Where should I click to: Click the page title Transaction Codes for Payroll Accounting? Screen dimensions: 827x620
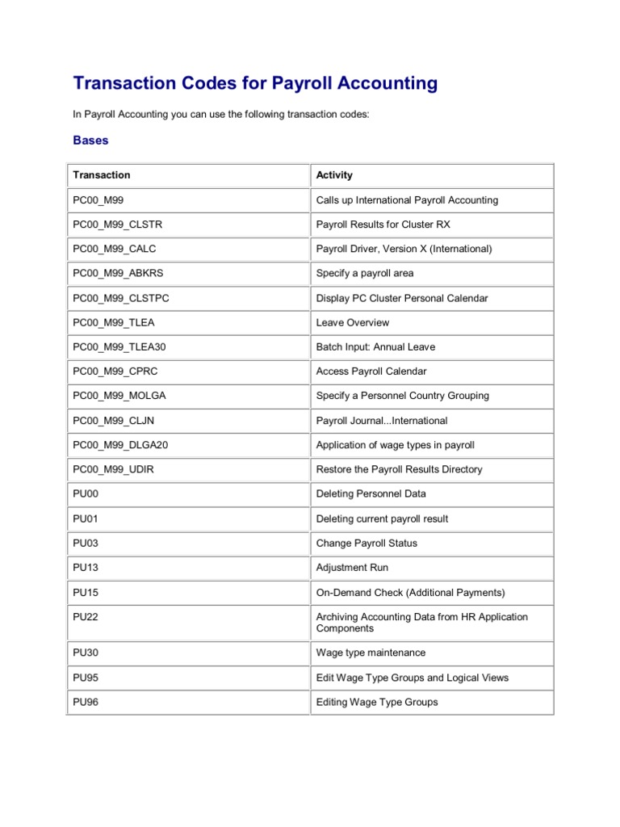[x=255, y=83]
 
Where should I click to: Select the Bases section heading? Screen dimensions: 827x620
[x=90, y=141]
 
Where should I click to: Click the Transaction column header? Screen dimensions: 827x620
[x=102, y=175]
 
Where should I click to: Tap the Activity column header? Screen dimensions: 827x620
[x=334, y=175]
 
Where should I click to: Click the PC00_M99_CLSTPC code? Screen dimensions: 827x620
[x=121, y=298]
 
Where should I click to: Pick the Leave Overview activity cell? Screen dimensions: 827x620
[x=353, y=322]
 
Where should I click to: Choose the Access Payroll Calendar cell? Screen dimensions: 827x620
[x=371, y=372]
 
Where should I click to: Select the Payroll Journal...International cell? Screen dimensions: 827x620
[x=382, y=421]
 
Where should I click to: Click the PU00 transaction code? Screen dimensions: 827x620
[x=86, y=493]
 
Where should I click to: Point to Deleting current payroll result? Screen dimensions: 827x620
[x=382, y=518]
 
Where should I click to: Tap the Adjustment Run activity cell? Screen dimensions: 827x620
[x=352, y=568]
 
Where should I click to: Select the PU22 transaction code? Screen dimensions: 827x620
[x=86, y=617]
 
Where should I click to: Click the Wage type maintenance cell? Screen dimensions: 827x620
[x=371, y=653]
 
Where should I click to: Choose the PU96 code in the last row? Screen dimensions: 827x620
[x=86, y=702]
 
